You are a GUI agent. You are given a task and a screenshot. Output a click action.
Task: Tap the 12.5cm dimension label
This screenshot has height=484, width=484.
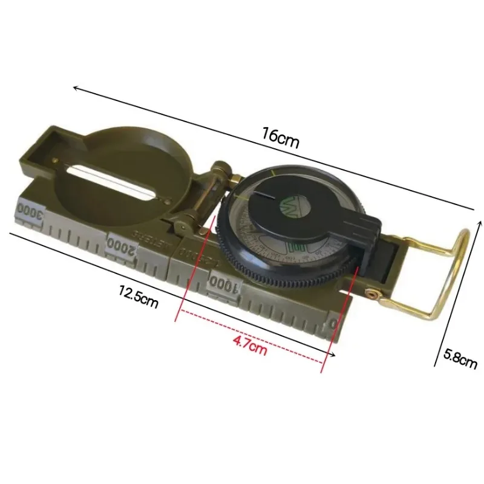138,297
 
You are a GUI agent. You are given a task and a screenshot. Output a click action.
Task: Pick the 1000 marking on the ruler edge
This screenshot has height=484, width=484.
225,283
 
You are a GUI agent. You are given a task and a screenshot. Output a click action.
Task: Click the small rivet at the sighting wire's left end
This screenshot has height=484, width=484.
56,160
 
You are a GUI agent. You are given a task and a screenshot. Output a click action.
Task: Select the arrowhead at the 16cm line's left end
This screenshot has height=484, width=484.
76,88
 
